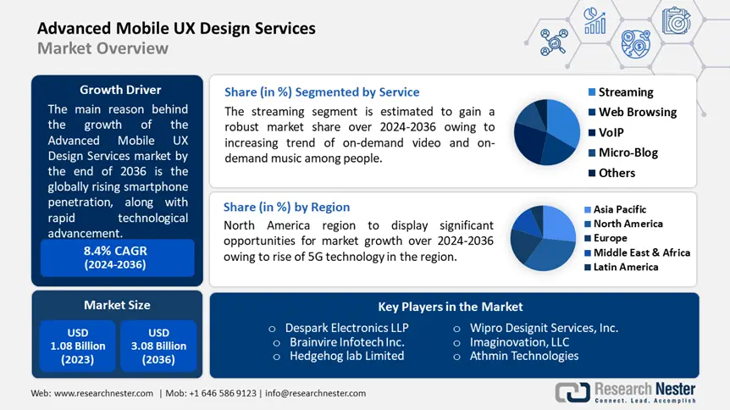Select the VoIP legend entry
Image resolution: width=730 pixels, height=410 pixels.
click(x=616, y=132)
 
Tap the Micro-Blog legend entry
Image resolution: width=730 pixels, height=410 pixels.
click(x=628, y=152)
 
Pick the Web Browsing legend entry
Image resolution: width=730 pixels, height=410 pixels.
click(x=637, y=112)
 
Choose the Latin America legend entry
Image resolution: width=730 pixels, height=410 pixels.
click(x=625, y=267)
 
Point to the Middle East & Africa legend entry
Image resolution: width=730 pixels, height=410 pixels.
click(x=641, y=252)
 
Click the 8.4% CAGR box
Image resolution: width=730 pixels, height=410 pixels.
click(x=117, y=257)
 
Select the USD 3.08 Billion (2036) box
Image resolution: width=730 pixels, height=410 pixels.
click(x=158, y=346)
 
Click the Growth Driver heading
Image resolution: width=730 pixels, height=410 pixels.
click(x=120, y=90)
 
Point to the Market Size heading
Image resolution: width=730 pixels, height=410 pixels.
click(x=117, y=305)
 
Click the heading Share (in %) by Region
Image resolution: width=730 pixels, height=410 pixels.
click(x=286, y=207)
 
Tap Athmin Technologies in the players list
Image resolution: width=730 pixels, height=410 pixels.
click(x=524, y=356)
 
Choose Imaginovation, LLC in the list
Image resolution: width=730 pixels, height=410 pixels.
click(x=520, y=342)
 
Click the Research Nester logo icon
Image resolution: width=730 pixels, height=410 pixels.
click(x=572, y=392)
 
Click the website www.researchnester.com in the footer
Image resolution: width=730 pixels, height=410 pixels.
click(x=103, y=393)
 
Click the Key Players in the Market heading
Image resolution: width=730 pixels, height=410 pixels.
click(x=450, y=307)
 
